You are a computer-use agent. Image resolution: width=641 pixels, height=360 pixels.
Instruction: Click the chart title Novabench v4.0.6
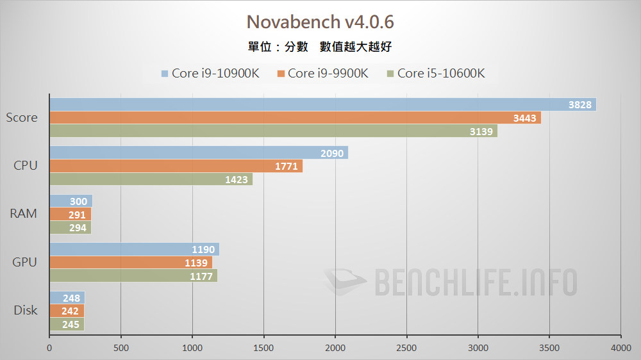[x=320, y=22]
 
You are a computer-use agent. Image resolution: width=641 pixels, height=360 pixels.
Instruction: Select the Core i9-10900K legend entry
[x=210, y=73]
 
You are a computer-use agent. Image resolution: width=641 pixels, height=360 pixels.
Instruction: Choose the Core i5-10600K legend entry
[x=435, y=73]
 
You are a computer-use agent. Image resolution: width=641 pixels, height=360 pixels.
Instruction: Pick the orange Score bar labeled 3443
[x=295, y=118]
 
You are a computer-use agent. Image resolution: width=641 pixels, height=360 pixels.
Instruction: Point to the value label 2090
[x=332, y=153]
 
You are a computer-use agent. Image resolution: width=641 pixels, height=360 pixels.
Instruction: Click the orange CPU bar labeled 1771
[x=176, y=167]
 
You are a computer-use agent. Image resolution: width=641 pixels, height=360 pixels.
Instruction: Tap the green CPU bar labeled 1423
[x=151, y=179]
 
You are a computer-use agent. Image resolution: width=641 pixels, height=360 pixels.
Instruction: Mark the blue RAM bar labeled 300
[x=71, y=201]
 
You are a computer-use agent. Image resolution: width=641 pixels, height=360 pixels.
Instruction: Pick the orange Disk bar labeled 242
[x=67, y=311]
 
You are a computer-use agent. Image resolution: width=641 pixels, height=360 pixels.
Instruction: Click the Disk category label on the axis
[x=26, y=311]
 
